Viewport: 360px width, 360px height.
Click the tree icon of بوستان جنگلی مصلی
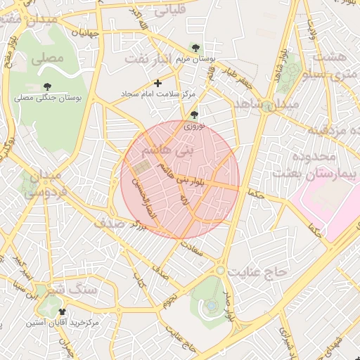point(47,86)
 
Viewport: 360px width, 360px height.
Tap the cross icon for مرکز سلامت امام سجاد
point(158,83)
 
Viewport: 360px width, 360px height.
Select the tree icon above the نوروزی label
point(195,115)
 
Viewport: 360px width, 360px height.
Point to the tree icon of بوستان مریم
point(195,47)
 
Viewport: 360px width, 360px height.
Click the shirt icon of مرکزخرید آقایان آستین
point(62,311)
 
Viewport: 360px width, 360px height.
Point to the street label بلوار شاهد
point(282,67)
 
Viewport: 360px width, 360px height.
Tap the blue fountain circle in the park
point(211,305)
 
